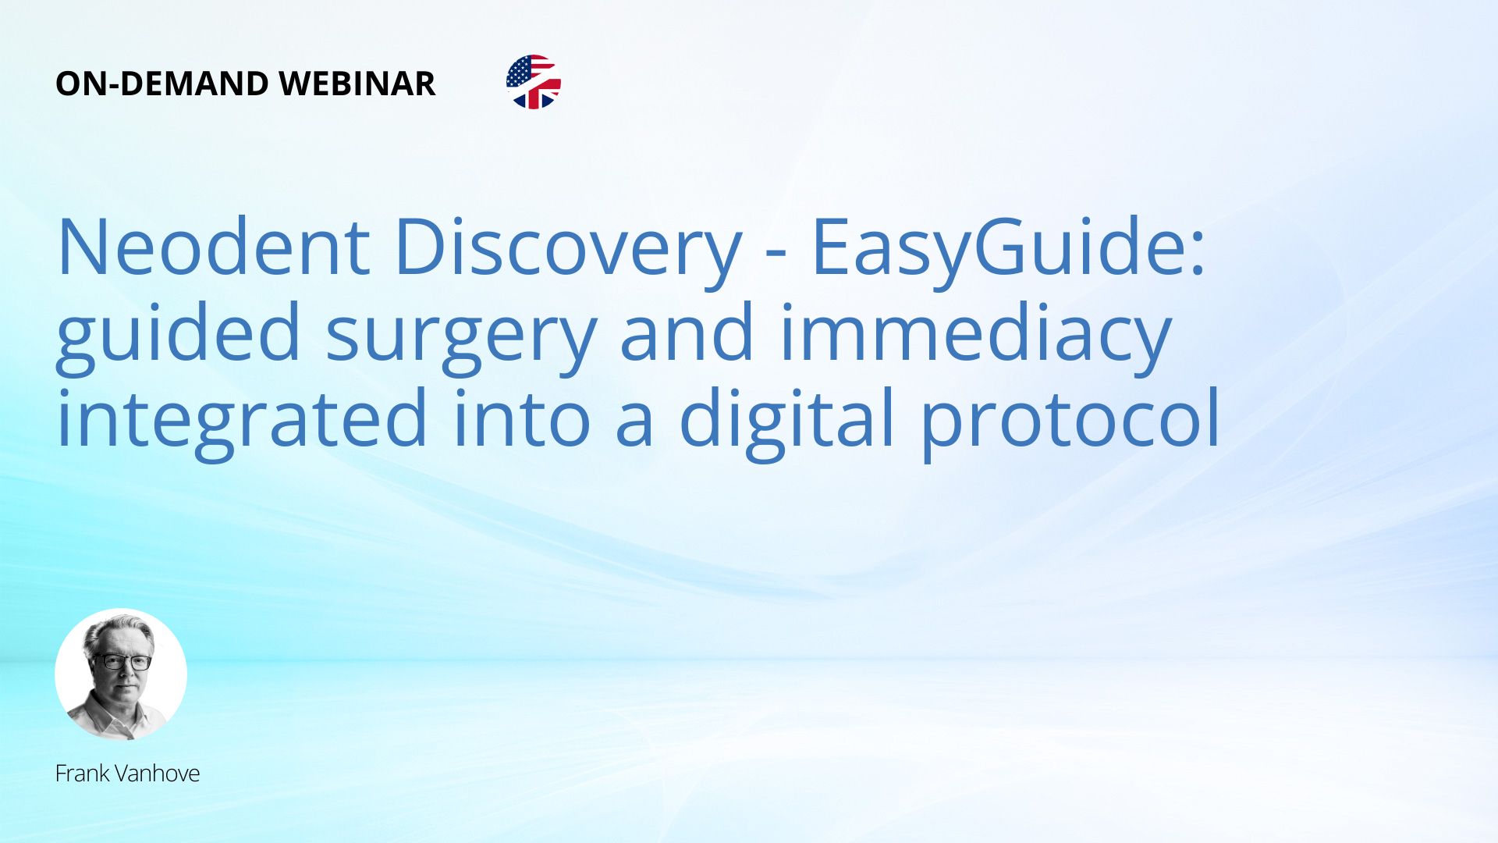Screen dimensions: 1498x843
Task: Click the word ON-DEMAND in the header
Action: point(162,84)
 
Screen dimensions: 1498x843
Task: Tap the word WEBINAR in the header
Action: point(357,84)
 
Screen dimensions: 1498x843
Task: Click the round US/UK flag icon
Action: point(534,82)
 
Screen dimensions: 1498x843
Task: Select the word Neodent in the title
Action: point(213,247)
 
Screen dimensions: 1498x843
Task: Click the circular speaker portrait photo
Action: point(121,674)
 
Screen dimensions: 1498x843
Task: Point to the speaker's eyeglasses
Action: point(122,662)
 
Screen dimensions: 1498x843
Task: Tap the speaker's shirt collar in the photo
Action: point(117,714)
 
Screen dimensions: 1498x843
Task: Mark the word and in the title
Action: point(687,336)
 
